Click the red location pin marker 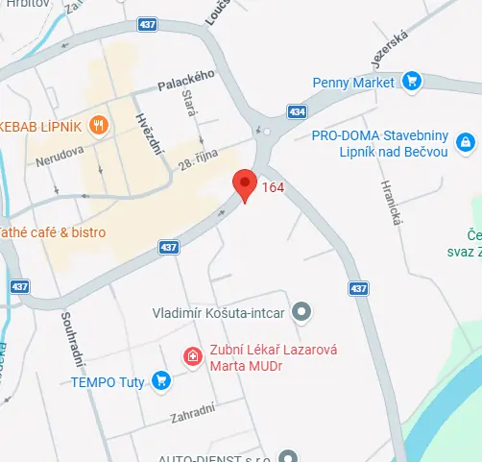pos(245,184)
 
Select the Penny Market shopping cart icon pos(412,82)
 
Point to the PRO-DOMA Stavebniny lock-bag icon pos(466,142)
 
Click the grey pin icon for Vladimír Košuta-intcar pos(302,311)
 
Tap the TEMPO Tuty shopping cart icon pos(160,382)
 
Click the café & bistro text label pos(53,231)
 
